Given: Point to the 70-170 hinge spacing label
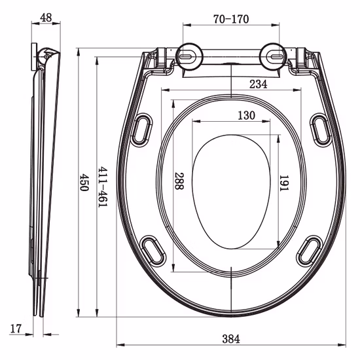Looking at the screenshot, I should [230, 19].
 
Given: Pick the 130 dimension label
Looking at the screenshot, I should [246, 116].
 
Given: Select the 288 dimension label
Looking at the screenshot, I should [178, 181].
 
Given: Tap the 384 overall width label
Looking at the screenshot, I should [230, 338].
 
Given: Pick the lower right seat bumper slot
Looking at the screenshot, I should [310, 251].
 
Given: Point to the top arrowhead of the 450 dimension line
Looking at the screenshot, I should [79, 51].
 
